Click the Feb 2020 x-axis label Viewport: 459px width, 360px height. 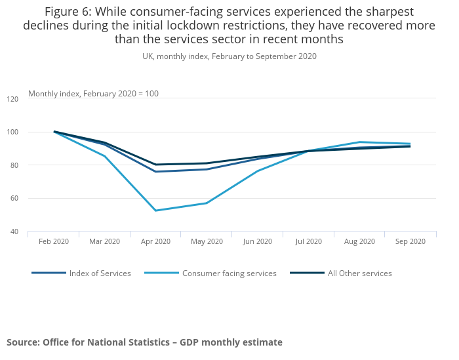click(54, 241)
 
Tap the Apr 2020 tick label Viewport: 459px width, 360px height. click(155, 241)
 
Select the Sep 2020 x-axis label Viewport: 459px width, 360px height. click(410, 241)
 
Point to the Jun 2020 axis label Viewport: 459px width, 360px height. click(258, 241)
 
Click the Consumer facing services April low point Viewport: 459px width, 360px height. click(156, 210)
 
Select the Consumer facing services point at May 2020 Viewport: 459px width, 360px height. click(207, 203)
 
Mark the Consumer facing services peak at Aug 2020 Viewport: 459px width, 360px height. click(360, 142)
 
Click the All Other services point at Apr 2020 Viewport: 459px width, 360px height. click(156, 165)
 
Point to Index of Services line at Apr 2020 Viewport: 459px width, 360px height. click(156, 172)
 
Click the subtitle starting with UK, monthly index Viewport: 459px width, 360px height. click(229, 56)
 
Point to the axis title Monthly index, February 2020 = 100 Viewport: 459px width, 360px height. click(93, 94)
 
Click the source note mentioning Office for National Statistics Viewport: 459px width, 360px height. click(144, 342)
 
